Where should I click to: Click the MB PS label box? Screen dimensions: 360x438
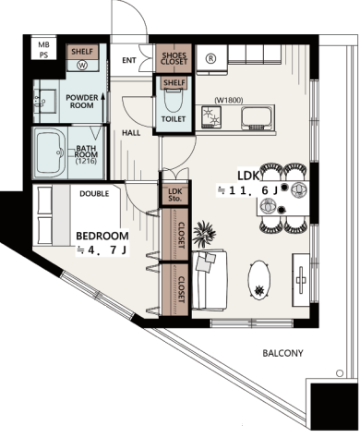(43, 49)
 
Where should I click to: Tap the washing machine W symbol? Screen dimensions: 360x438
(83, 65)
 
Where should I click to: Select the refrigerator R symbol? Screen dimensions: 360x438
(210, 58)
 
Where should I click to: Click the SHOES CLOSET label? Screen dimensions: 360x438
(174, 58)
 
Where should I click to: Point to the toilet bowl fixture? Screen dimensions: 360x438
(174, 99)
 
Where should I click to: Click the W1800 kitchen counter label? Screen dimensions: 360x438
(229, 100)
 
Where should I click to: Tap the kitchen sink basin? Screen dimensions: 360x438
(258, 118)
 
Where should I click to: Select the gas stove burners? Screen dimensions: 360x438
(211, 116)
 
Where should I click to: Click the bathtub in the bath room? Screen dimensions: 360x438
(50, 152)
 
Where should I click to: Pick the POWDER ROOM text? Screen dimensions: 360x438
(82, 102)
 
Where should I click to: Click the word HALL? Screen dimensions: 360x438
(131, 133)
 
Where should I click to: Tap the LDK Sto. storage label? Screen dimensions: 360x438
(174, 195)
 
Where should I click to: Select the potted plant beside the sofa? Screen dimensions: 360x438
(204, 233)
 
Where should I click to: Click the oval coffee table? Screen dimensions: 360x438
(259, 281)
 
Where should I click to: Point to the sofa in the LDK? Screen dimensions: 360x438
(210, 280)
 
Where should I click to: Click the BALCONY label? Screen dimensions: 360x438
(282, 353)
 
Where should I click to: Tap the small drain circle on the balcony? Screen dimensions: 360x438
(340, 373)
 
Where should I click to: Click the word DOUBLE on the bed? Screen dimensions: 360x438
(94, 194)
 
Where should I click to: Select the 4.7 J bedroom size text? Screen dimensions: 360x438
(102, 250)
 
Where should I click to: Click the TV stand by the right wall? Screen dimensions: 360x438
(301, 280)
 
